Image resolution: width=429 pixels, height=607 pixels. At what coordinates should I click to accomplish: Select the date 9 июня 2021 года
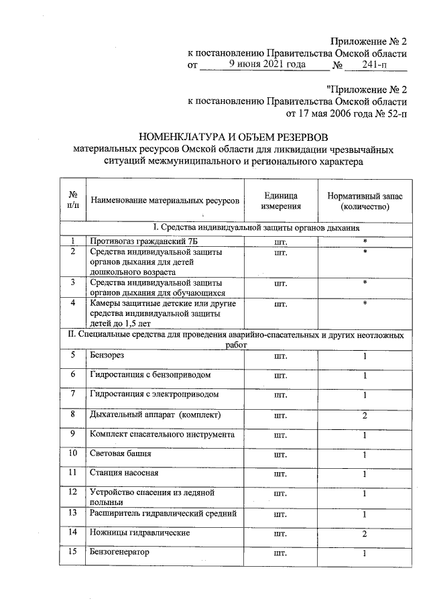click(x=267, y=64)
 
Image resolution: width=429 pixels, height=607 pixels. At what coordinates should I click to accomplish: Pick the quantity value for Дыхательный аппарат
click(x=365, y=416)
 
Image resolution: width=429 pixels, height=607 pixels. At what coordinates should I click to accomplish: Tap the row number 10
click(x=74, y=454)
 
